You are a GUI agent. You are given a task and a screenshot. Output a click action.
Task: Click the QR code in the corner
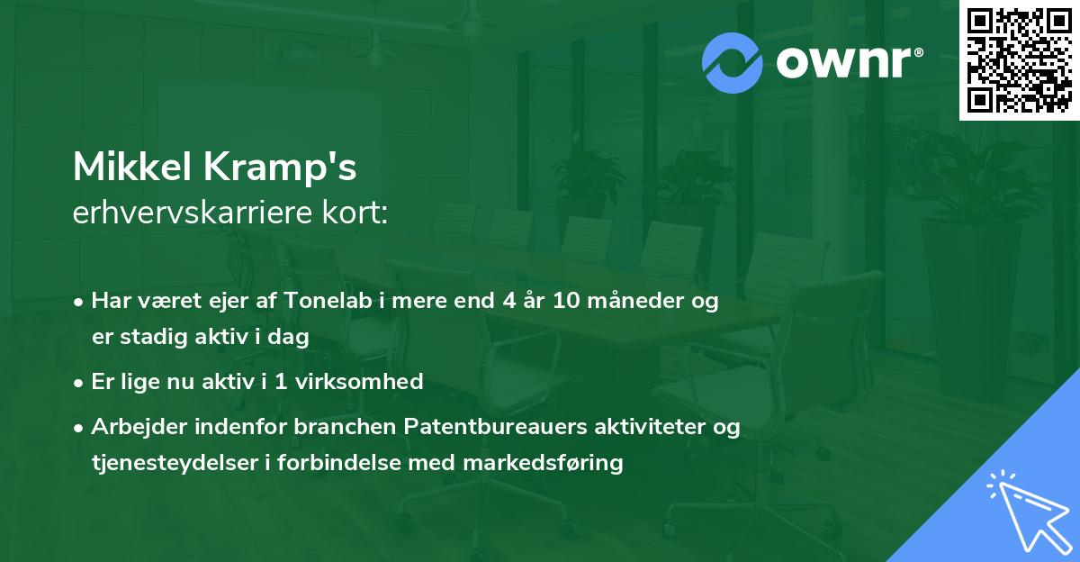coord(1019,60)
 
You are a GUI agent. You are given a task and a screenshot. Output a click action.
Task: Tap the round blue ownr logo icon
coord(733,63)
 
